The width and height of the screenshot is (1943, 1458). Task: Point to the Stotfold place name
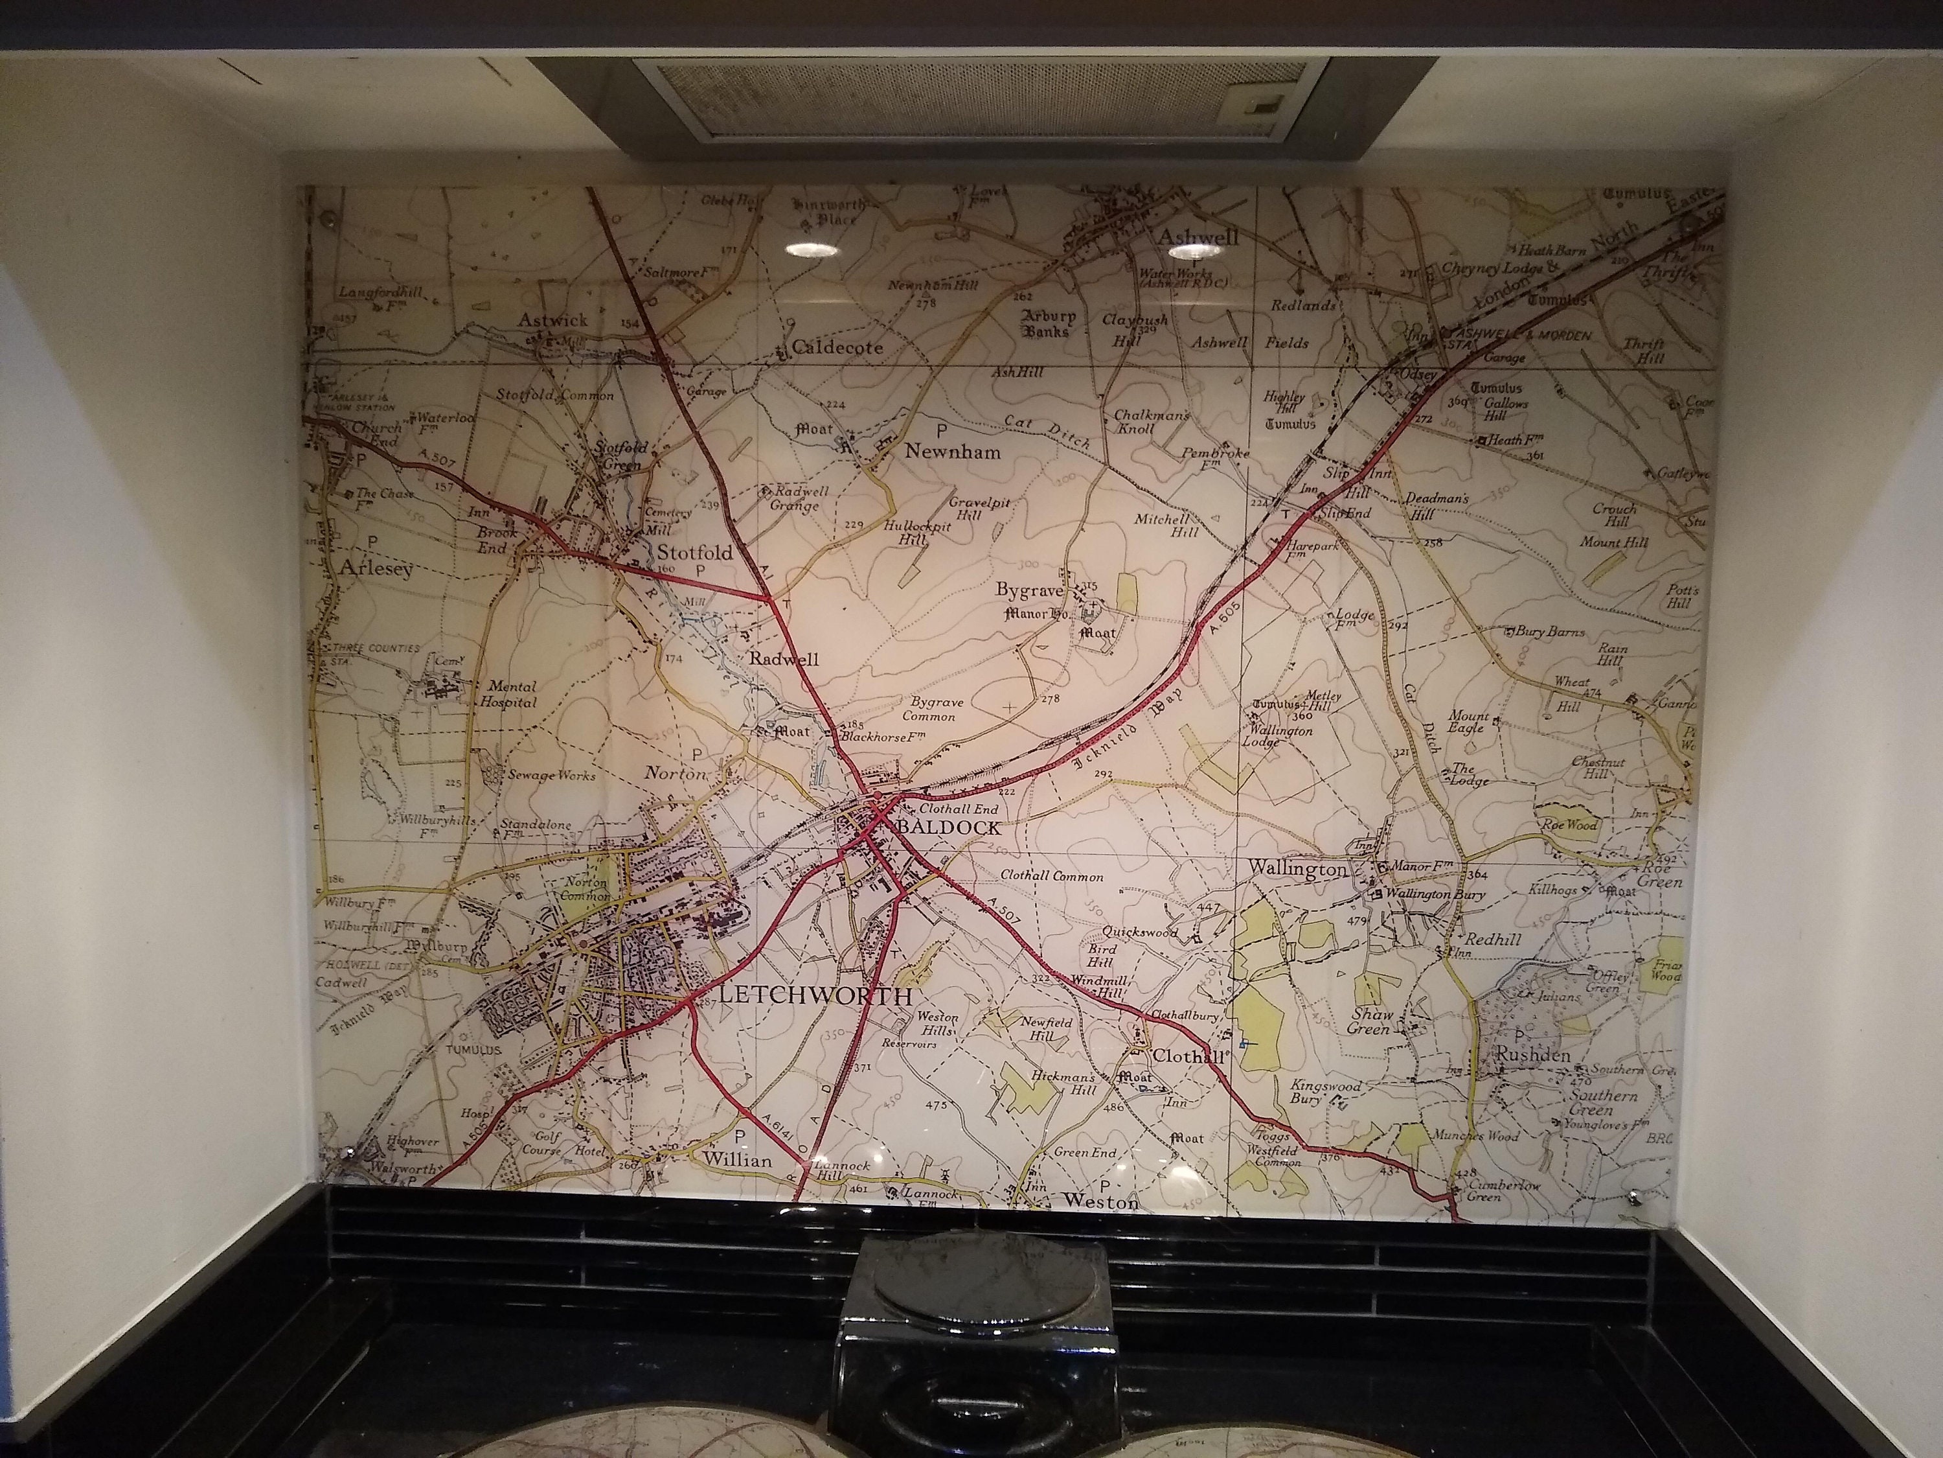(695, 553)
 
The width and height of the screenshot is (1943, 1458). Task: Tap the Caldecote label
(836, 347)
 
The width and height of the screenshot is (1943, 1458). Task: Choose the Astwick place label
(552, 320)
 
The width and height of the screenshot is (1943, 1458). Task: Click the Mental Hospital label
(508, 694)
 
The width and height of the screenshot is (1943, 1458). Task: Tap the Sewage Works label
(552, 775)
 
